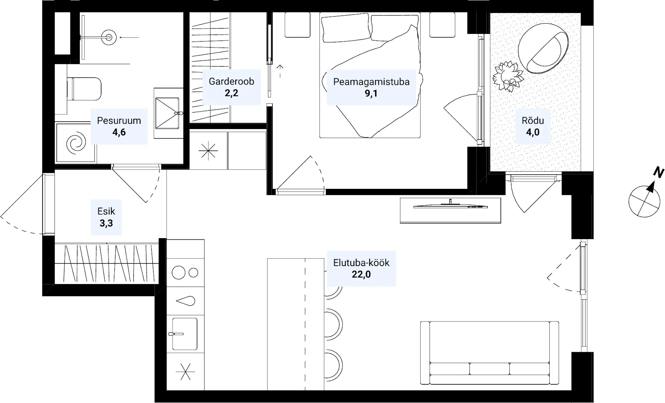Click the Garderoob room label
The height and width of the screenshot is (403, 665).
pos(231,81)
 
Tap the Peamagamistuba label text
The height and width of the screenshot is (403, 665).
pos(371,82)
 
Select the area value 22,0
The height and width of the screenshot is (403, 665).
pos(361,274)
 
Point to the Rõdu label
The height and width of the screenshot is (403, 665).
pos(533,120)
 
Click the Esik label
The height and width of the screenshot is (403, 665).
pos(106,211)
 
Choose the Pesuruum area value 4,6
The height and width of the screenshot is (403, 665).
pos(119,132)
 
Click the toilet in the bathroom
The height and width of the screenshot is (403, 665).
pos(84,89)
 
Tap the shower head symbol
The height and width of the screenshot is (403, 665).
pos(109,37)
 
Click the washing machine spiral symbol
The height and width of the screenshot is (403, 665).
pos(76,143)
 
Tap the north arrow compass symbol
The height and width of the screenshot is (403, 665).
pos(644,201)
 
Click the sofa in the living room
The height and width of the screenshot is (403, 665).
pos(489,353)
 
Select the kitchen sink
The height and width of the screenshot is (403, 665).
pos(185,334)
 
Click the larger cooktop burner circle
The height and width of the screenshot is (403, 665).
pos(179,273)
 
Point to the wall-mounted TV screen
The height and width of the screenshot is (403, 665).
pos(450,206)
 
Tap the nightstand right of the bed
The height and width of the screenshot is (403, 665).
pos(442,25)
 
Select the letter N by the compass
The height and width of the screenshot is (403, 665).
pos(658,172)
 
